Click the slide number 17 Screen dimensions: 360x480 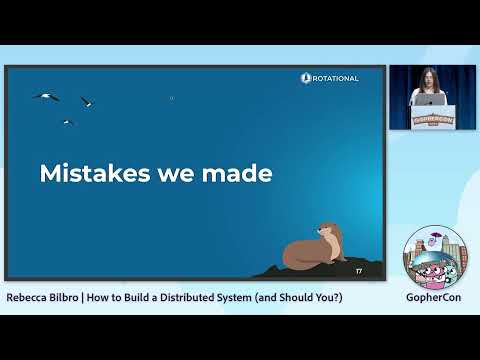coord(358,271)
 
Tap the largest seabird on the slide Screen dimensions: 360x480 coord(46,96)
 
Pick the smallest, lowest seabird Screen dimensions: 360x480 coord(67,122)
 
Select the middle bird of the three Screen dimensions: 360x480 coord(87,101)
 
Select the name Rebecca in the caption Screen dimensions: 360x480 coord(29,298)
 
